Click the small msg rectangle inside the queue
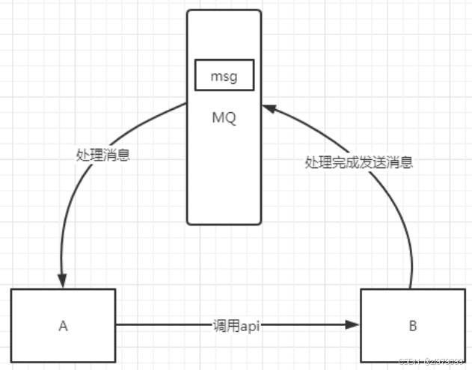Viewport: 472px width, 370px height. pos(224,76)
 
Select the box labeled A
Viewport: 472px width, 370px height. pos(63,325)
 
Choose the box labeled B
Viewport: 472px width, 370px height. pos(413,326)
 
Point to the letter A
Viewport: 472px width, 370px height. pos(63,325)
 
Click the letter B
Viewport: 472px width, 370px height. pos(413,326)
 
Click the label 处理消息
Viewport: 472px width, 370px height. pos(103,155)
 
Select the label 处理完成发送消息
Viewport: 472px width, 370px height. pos(358,161)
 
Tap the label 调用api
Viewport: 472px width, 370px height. pos(237,325)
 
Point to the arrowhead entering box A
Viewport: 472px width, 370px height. pos(64,283)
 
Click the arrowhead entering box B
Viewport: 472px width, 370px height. pos(354,325)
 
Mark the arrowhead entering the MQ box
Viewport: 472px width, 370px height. pos(267,108)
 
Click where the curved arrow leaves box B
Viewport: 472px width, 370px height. pos(411,286)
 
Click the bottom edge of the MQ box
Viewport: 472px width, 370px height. pos(224,223)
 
